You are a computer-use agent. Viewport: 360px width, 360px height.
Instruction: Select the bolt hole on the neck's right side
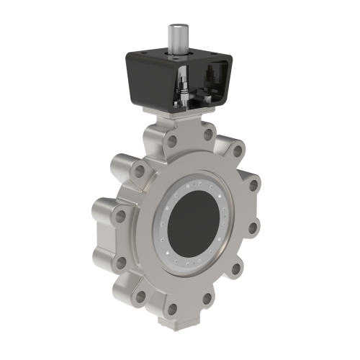click(209, 135)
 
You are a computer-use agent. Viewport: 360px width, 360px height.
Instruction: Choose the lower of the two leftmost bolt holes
click(120, 215)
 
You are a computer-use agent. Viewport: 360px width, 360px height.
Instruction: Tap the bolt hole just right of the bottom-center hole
click(207, 298)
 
